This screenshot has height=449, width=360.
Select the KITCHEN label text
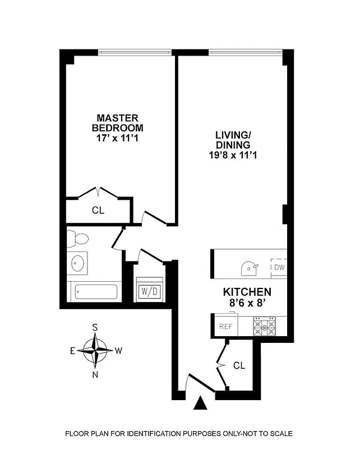(247, 292)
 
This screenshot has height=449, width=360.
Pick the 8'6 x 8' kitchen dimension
(247, 304)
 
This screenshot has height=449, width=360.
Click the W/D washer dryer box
(149, 291)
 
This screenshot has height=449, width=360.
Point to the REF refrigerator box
(225, 326)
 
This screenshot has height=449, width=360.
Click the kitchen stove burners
(265, 326)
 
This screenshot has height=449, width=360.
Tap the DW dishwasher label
(279, 267)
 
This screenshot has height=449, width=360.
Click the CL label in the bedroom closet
(99, 211)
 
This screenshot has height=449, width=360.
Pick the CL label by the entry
(239, 366)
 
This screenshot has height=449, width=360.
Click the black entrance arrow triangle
(201, 404)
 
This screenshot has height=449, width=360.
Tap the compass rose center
(96, 351)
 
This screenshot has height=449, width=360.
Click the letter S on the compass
(95, 327)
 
